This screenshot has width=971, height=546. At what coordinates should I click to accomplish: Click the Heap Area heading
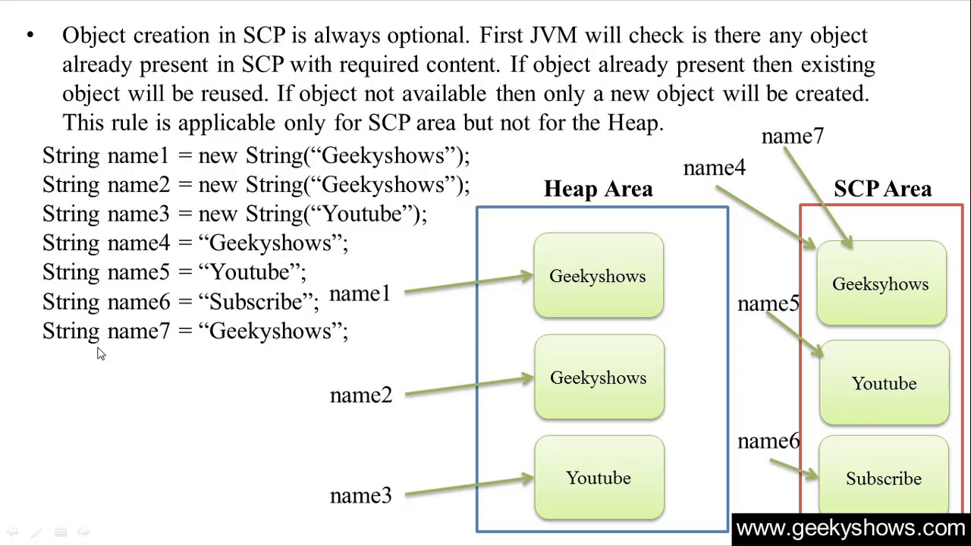click(x=598, y=189)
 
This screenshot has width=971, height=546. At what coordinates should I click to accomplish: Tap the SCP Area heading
click(x=882, y=189)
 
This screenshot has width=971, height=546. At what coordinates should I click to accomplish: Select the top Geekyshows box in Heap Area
click(x=599, y=276)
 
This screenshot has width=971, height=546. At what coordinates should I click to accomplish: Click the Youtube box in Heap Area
click(x=599, y=478)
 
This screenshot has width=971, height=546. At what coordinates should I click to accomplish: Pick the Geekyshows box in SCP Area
click(x=881, y=284)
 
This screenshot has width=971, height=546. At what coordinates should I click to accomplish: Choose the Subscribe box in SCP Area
click(x=884, y=479)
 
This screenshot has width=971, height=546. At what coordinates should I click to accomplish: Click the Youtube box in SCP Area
click(x=884, y=384)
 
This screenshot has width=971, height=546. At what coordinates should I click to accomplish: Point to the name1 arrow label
click(x=360, y=293)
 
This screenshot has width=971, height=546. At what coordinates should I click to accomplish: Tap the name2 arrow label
click(x=361, y=395)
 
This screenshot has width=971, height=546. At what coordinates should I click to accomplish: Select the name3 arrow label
click(x=361, y=496)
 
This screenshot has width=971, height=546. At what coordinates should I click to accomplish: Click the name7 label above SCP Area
click(x=792, y=136)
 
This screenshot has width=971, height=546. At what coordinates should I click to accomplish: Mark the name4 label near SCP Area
click(x=714, y=168)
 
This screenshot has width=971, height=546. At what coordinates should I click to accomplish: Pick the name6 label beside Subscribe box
click(x=768, y=441)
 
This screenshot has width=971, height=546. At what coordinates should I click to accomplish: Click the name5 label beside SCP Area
click(x=768, y=304)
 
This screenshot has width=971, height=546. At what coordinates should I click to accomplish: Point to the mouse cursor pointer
click(x=101, y=353)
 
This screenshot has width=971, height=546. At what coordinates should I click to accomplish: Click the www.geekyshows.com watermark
click(x=850, y=529)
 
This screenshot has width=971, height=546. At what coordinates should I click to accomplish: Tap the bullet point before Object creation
click(x=30, y=35)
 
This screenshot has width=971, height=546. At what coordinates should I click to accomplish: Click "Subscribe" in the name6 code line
click(x=256, y=302)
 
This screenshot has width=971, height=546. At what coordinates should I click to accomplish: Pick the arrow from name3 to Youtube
click(x=469, y=486)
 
